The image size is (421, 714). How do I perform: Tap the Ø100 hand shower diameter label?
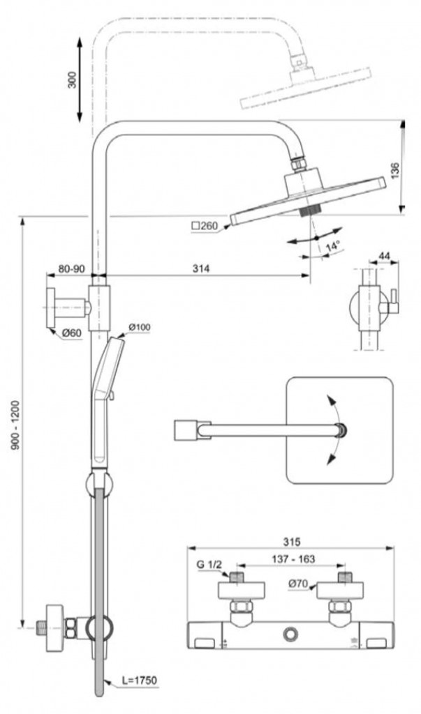[139, 327]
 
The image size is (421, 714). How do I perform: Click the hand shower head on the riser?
[105, 370]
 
